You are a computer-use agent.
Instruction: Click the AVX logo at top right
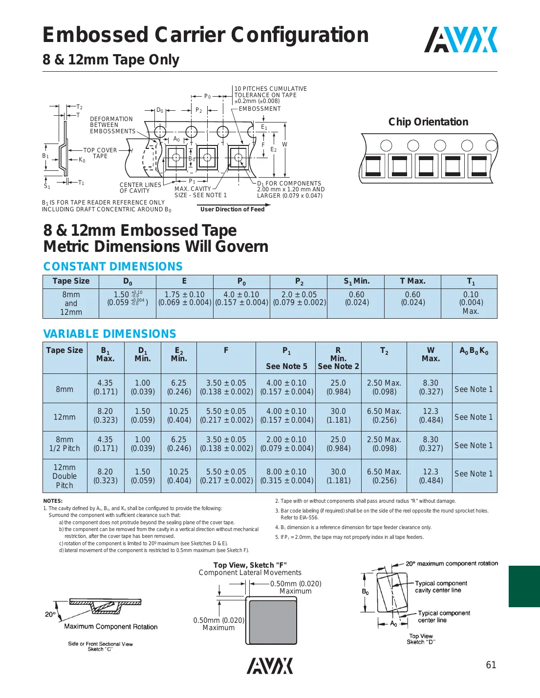pyautogui.click(x=460, y=40)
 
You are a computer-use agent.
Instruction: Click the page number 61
pyautogui.click(x=491, y=665)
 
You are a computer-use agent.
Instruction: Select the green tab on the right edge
pyautogui.click(x=524, y=586)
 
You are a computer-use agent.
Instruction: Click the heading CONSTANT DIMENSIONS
pyautogui.click(x=113, y=267)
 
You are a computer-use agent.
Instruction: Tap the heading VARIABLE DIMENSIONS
pyautogui.click(x=109, y=334)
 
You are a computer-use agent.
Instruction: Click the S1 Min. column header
pyautogui.click(x=356, y=281)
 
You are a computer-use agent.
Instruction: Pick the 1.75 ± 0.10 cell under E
pyautogui.click(x=184, y=298)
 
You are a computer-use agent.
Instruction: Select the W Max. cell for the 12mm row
pyautogui.click(x=431, y=415)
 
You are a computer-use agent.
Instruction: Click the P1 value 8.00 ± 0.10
pyautogui.click(x=286, y=476)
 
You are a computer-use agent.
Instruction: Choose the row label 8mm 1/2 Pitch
pyautogui.click(x=65, y=444)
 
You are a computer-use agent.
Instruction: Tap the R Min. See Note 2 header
pyautogui.click(x=338, y=358)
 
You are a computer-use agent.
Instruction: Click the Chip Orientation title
pyautogui.click(x=428, y=122)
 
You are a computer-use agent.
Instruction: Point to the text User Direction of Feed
pyautogui.click(x=232, y=209)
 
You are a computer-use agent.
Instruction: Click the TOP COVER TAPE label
pyautogui.click(x=100, y=153)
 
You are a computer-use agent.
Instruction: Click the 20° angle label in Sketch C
pyautogui.click(x=50, y=614)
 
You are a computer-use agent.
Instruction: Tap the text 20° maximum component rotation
pyautogui.click(x=452, y=563)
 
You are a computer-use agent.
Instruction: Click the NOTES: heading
pyautogui.click(x=53, y=501)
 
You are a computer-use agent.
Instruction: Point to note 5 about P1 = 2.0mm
pyautogui.click(x=349, y=537)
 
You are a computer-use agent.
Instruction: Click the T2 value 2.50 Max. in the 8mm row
pyautogui.click(x=384, y=387)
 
